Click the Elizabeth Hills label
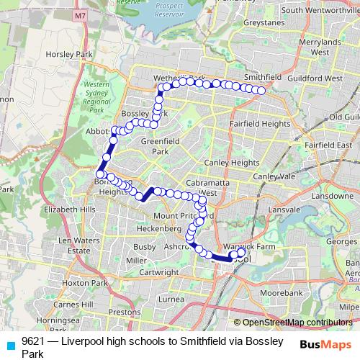tap(69, 209)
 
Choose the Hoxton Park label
tap(84, 284)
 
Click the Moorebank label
tap(282, 294)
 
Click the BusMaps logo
tap(326, 345)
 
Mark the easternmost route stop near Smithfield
tap(261, 91)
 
